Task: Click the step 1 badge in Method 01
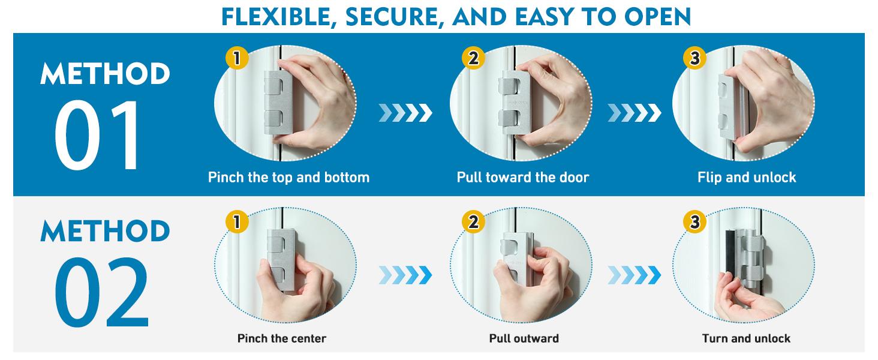pos(237,58)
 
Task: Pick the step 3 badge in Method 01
pos(694,58)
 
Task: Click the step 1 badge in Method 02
pos(237,222)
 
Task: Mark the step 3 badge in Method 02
pos(694,222)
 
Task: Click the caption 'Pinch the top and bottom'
pos(288,178)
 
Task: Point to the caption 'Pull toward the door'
pos(523,178)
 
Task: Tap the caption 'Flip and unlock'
pos(747,178)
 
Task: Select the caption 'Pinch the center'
pos(282,338)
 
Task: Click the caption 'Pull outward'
pos(524,338)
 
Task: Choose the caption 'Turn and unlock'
pos(746,338)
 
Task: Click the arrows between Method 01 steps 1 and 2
pos(405,112)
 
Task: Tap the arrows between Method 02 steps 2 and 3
pos(634,275)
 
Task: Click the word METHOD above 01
pos(106,74)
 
